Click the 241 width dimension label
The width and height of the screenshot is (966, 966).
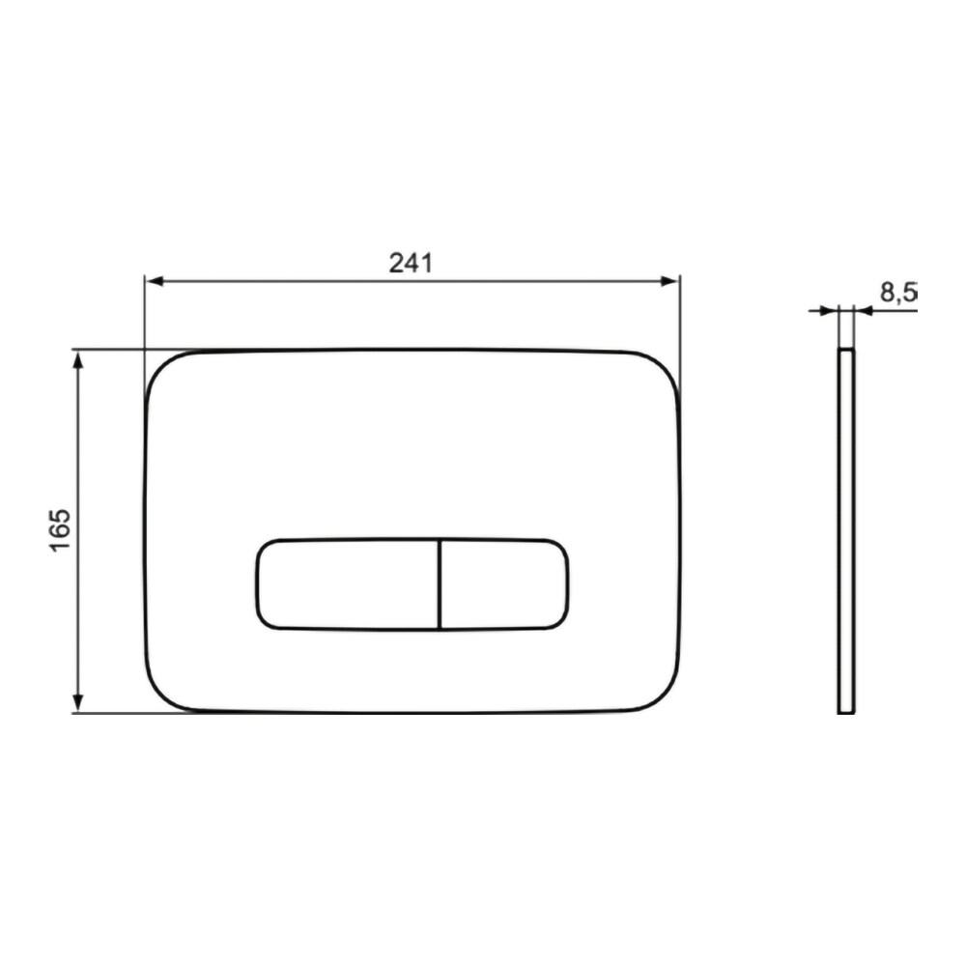(411, 263)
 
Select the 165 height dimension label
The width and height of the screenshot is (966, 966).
(60, 530)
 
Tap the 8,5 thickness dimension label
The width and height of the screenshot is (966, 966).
(898, 292)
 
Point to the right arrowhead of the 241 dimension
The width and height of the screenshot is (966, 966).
(669, 281)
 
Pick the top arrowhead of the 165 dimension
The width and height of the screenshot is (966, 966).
(77, 361)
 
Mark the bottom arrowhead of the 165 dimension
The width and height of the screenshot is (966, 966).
(77, 701)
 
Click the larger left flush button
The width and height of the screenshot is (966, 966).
(348, 584)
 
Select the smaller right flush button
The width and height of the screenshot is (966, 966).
(504, 584)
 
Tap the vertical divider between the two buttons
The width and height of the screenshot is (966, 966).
(440, 584)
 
